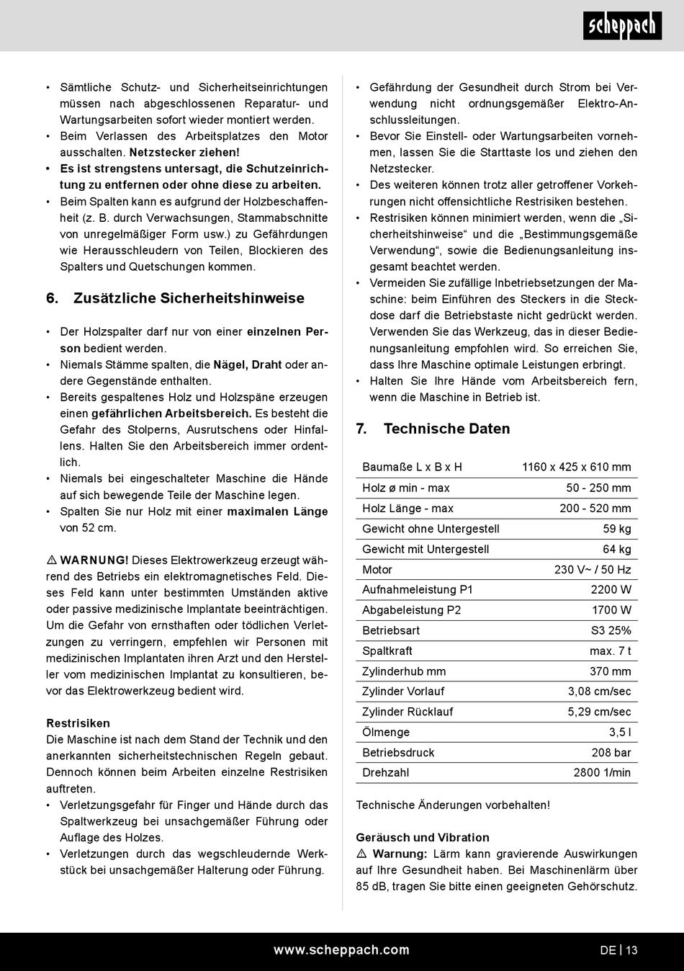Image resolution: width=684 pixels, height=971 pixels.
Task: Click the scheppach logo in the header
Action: (x=622, y=27)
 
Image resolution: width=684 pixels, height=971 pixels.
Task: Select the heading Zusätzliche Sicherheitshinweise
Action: (x=189, y=298)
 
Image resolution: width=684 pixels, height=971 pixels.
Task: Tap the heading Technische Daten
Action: (x=446, y=429)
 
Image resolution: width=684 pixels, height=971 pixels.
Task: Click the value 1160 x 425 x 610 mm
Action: (x=576, y=467)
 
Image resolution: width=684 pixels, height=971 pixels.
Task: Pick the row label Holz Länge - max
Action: (x=408, y=508)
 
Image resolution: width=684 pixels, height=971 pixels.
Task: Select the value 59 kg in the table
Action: (x=617, y=529)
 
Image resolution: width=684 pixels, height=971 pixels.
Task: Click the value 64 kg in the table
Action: (x=617, y=549)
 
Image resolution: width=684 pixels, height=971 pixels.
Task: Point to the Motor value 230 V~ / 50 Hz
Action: (x=593, y=569)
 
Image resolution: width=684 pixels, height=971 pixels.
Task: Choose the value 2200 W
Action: (x=611, y=589)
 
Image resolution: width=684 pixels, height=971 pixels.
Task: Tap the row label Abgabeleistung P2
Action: (x=411, y=610)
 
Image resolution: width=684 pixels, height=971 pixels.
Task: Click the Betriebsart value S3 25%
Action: (x=611, y=630)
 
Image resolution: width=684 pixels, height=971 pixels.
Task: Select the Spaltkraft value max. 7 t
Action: (x=610, y=650)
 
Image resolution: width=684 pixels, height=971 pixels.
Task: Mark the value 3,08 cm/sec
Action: (x=599, y=692)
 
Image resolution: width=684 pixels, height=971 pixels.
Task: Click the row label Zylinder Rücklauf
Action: (x=408, y=712)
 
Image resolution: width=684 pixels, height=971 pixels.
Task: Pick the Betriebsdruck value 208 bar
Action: (x=611, y=753)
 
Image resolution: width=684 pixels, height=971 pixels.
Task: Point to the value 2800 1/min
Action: (x=602, y=773)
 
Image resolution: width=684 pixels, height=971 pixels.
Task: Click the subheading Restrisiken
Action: (x=78, y=723)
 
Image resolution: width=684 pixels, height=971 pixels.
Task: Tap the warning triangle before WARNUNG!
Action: (x=52, y=560)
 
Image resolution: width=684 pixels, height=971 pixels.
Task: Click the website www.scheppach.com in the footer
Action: (x=341, y=950)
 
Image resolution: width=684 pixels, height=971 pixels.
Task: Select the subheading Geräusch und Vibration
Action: (x=422, y=838)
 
